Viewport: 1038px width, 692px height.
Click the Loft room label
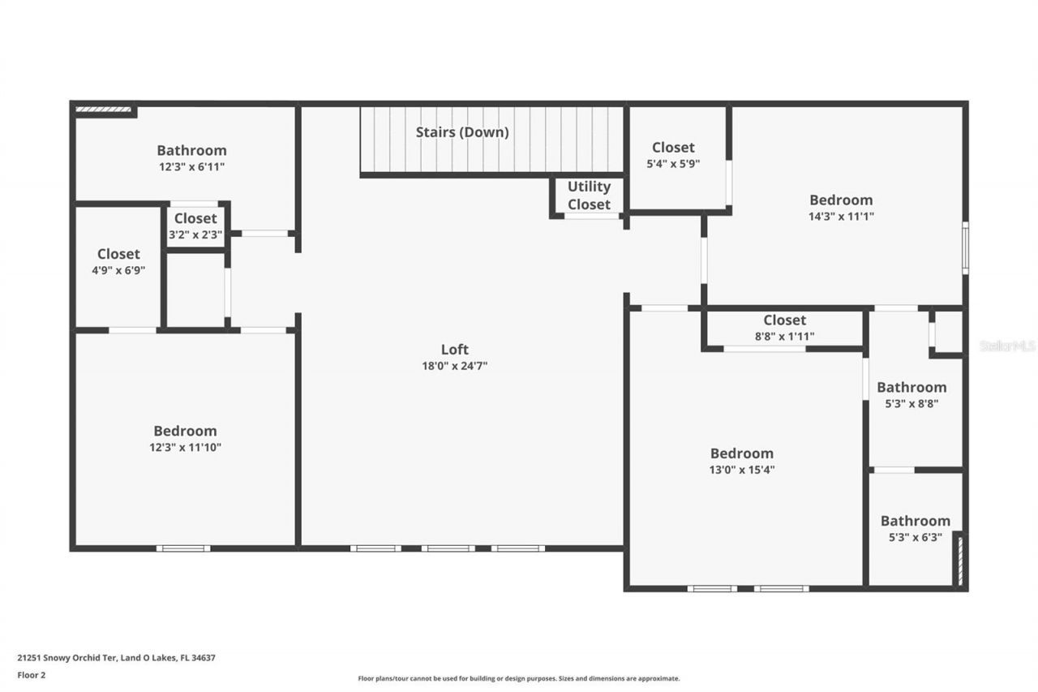point(454,350)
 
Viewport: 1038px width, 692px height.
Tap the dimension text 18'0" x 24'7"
point(454,366)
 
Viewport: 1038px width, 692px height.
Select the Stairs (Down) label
point(462,132)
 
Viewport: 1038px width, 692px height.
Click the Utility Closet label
point(589,196)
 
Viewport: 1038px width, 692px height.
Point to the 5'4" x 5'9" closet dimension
point(673,163)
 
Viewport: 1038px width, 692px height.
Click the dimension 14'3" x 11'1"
point(841,217)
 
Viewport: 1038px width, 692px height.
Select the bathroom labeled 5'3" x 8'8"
point(911,395)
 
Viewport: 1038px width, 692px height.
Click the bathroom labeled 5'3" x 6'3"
point(915,528)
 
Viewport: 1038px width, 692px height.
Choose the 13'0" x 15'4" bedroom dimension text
point(742,470)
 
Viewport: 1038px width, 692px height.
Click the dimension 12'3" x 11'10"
point(186,447)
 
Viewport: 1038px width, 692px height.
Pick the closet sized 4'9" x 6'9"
point(118,262)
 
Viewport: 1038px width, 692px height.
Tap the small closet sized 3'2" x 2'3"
point(195,226)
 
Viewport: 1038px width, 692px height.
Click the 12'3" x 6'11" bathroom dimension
point(191,166)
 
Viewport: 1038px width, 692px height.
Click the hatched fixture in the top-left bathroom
point(103,109)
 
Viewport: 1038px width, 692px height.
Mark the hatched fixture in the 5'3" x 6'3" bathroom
point(959,559)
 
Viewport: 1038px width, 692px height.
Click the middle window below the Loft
point(448,548)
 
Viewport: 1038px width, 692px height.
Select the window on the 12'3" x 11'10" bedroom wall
point(183,548)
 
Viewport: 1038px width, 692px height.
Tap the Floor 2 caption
point(32,675)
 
